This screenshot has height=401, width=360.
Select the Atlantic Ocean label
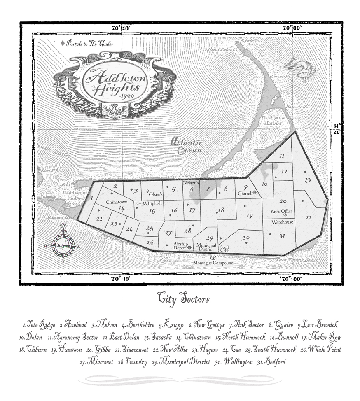coord(187,147)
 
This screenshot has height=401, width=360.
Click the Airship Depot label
coord(181,246)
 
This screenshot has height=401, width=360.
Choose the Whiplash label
coord(152,203)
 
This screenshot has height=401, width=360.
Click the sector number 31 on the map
coord(282,235)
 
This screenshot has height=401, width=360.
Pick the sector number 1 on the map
coord(91,198)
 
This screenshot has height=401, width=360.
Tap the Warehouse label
coord(282,222)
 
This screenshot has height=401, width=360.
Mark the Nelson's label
coord(191,182)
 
